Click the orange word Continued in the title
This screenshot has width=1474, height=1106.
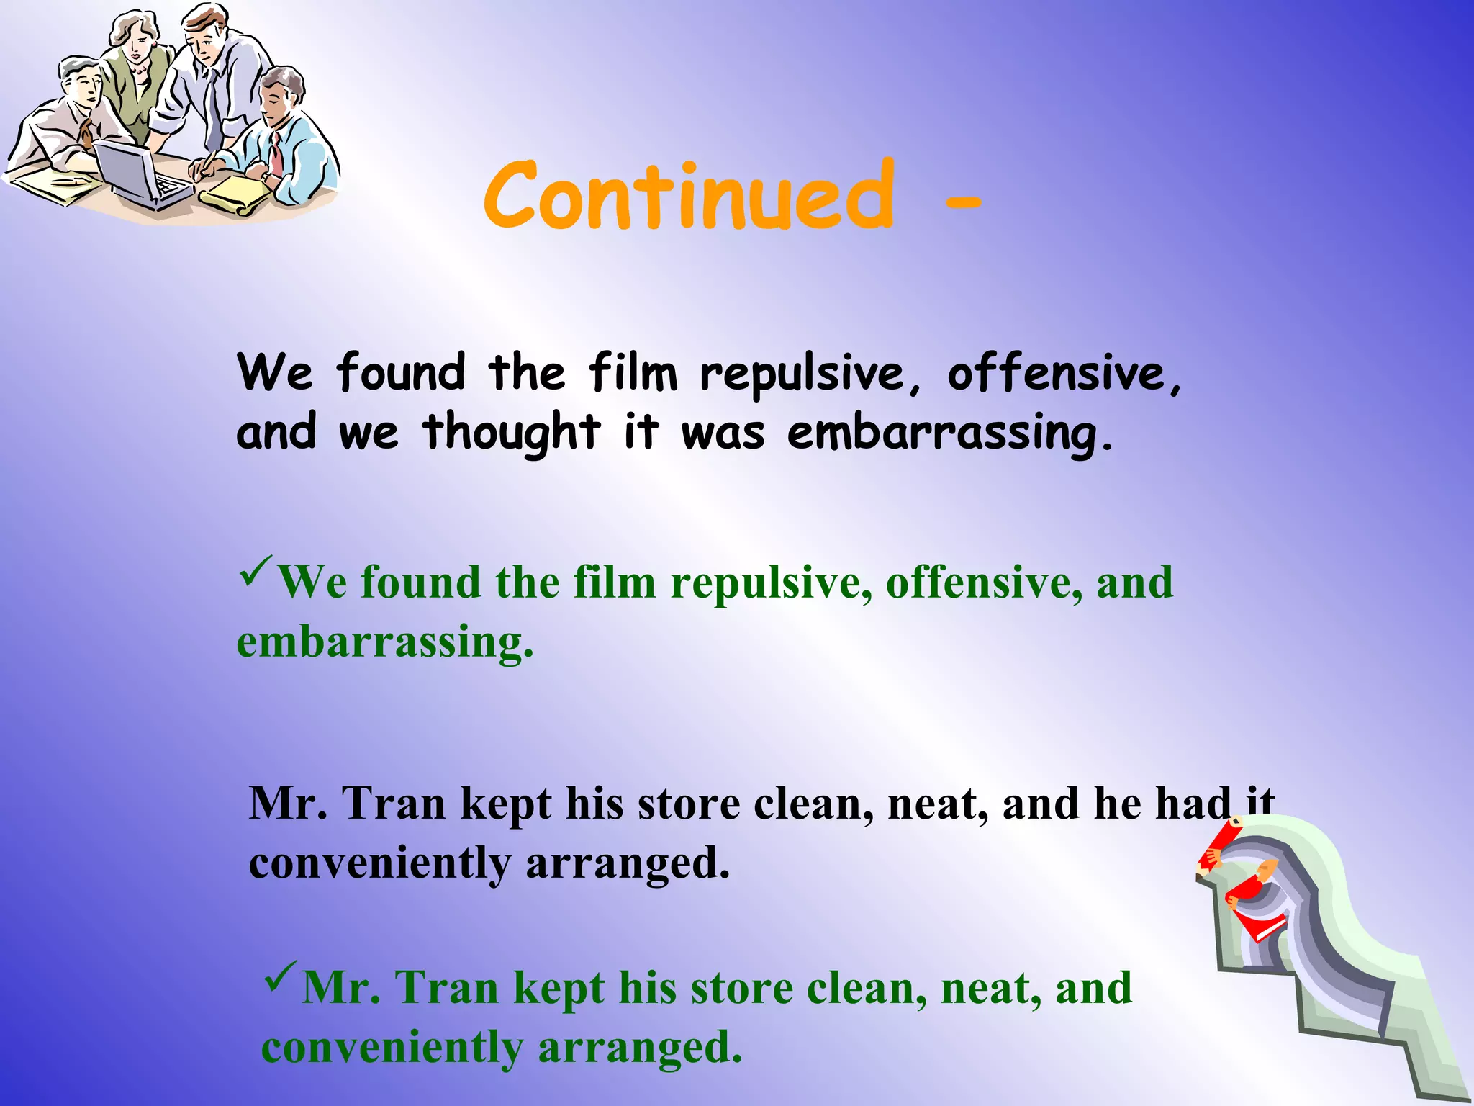[689, 196]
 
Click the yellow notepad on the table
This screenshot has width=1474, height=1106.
[234, 195]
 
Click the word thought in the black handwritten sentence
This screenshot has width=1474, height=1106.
[511, 433]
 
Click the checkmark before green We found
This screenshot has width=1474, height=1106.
[256, 570]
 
